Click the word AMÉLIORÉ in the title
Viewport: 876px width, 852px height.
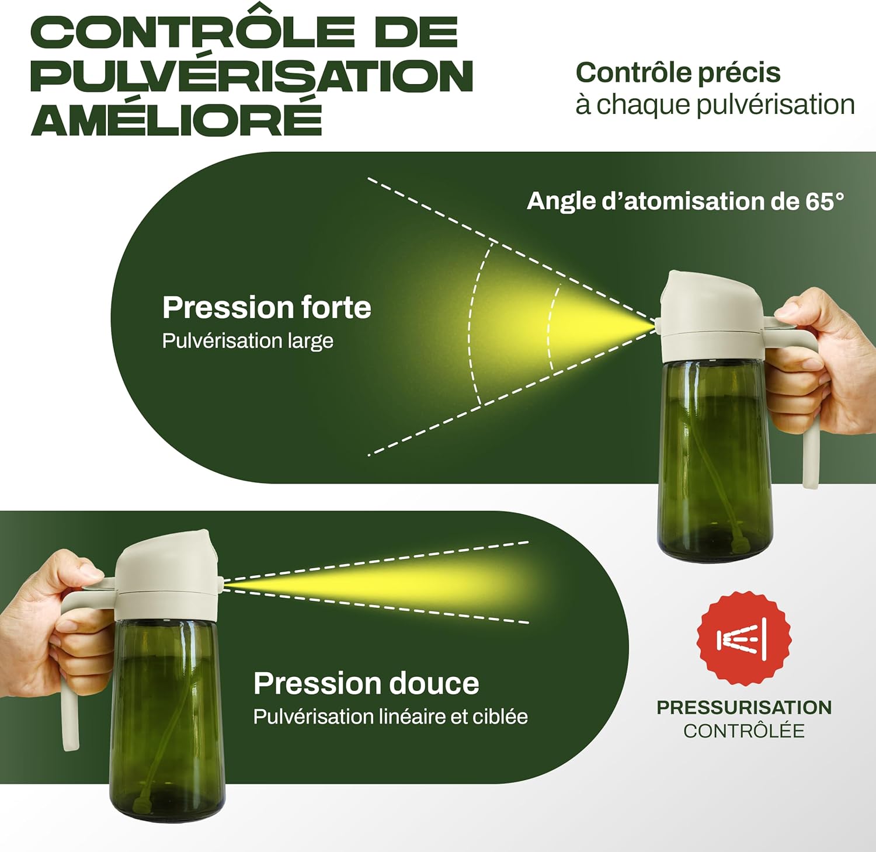point(176,118)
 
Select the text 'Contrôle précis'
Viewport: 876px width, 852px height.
point(677,73)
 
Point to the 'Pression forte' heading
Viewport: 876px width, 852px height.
point(266,308)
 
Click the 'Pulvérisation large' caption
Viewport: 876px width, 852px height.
point(248,341)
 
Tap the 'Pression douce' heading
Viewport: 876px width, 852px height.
point(366,683)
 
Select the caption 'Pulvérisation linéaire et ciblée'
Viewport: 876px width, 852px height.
point(390,717)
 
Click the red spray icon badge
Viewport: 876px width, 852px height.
point(744,638)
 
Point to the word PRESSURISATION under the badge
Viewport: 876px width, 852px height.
point(744,707)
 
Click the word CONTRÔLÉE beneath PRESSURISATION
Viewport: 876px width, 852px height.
point(744,731)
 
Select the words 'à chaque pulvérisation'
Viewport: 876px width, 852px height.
point(715,105)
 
